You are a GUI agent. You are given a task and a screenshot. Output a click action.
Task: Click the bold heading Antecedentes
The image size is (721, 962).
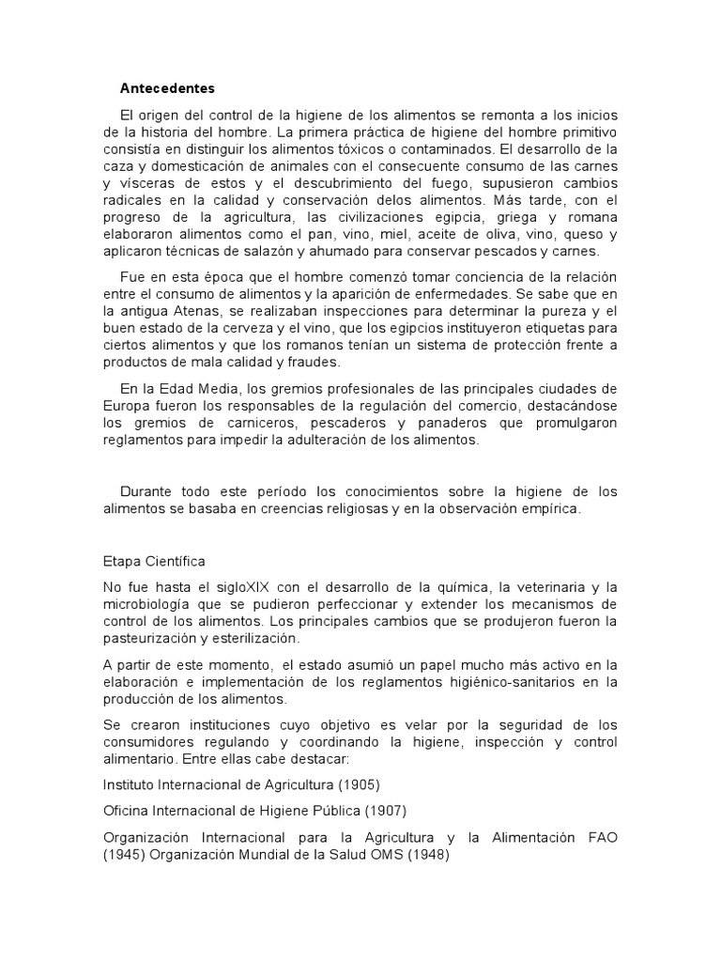point(167,89)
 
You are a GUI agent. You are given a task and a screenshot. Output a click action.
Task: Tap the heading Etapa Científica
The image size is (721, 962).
point(154,562)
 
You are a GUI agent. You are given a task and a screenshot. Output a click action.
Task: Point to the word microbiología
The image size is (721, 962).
point(149,604)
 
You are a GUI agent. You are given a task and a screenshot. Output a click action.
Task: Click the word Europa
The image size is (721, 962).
point(125,407)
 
